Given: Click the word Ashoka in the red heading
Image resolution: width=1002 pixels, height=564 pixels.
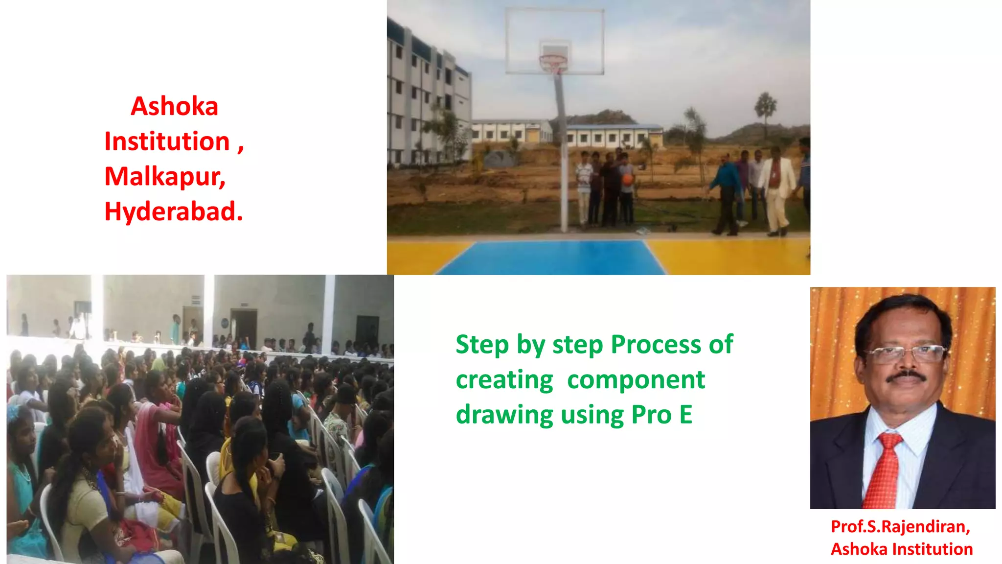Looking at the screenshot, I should pyautogui.click(x=174, y=106).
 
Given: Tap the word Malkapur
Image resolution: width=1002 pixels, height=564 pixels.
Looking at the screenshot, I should pyautogui.click(x=164, y=176).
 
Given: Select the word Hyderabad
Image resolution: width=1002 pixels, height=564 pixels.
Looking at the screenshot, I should pyautogui.click(x=173, y=211).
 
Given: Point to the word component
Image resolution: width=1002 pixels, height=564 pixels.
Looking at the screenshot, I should pyautogui.click(x=636, y=380).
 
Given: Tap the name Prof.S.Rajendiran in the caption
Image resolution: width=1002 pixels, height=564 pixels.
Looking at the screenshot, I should pyautogui.click(x=900, y=526).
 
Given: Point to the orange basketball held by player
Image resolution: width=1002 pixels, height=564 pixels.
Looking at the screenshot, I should pyautogui.click(x=628, y=179).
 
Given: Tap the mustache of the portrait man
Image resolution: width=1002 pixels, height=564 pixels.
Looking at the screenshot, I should pyautogui.click(x=907, y=377).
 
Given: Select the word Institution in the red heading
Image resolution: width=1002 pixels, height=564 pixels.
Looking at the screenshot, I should pyautogui.click(x=167, y=141).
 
